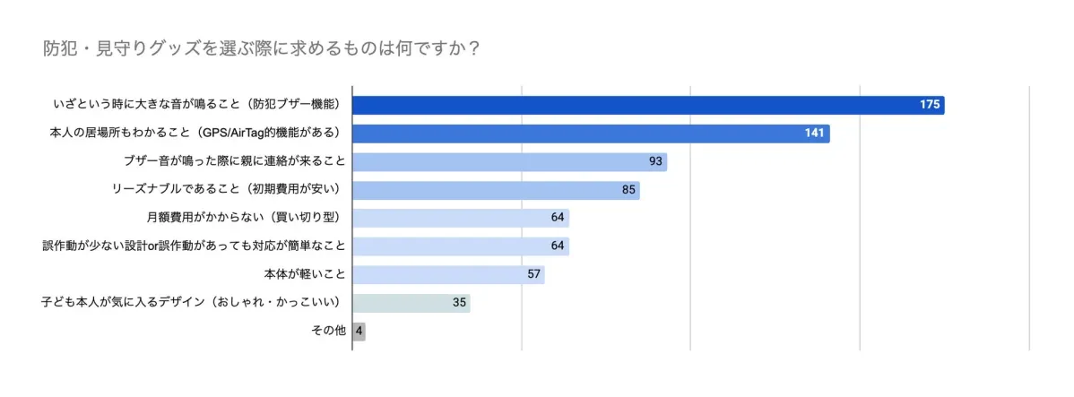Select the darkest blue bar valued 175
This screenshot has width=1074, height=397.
coord(647,105)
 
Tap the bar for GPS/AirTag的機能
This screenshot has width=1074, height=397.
coord(590,134)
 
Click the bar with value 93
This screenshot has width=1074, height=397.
coord(509,161)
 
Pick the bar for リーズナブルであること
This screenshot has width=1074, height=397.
coord(496,190)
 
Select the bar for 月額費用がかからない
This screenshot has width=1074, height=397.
coord(461,218)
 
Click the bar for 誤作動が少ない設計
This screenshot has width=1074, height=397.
coord(461,246)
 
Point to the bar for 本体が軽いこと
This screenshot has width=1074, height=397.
coord(448,274)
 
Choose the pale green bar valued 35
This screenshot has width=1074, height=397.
coord(411,302)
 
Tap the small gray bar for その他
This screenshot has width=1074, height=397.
coord(359,331)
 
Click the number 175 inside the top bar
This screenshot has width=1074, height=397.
coord(929,105)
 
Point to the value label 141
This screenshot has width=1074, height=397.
coord(814,134)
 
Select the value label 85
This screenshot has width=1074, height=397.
coord(628,190)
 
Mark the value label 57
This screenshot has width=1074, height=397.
coord(533,274)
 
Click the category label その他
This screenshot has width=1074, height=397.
coord(328,331)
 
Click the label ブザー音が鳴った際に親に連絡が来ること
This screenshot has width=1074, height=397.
coord(234,161)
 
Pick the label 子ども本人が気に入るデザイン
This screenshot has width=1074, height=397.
coord(194,302)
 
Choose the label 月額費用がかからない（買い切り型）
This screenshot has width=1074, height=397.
coord(246,218)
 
